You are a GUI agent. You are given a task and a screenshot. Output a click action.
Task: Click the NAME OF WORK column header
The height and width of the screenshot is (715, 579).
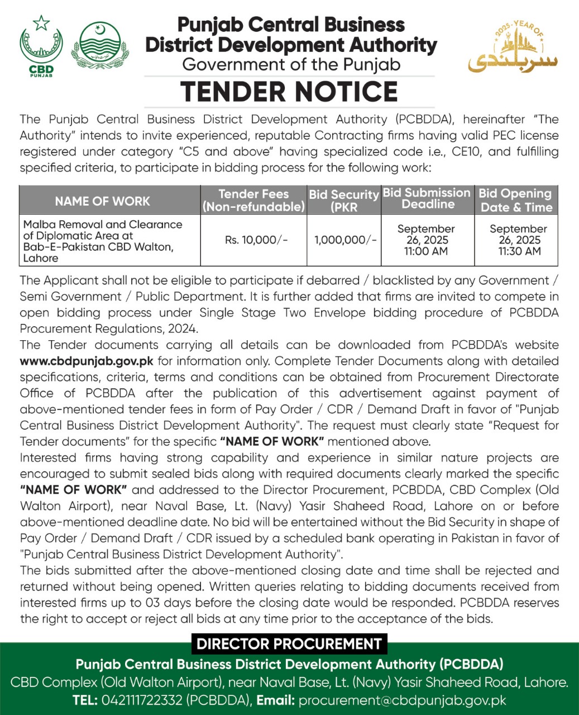(x=103, y=201)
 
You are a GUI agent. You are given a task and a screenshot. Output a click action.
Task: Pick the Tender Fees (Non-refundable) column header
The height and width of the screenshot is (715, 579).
(x=253, y=201)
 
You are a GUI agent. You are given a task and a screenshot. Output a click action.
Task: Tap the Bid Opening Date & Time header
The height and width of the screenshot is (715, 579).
(x=516, y=200)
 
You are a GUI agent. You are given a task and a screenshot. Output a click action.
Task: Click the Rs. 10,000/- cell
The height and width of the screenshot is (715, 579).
(x=256, y=240)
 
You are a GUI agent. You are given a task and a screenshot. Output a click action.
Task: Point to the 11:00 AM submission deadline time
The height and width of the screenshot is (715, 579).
(x=427, y=251)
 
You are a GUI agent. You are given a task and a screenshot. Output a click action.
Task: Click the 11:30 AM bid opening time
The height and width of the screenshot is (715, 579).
(x=519, y=251)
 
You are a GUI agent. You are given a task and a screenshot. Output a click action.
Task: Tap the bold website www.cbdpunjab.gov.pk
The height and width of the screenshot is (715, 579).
(x=87, y=361)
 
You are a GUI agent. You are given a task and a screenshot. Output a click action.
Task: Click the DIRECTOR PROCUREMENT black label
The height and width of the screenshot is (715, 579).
(x=289, y=644)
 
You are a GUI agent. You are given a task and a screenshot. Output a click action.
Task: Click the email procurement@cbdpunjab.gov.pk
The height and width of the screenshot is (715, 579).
(x=402, y=700)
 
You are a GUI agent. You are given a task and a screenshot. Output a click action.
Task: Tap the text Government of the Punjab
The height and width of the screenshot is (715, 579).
(x=291, y=65)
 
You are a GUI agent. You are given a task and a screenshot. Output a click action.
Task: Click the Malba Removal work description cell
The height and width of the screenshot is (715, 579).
(x=103, y=241)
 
